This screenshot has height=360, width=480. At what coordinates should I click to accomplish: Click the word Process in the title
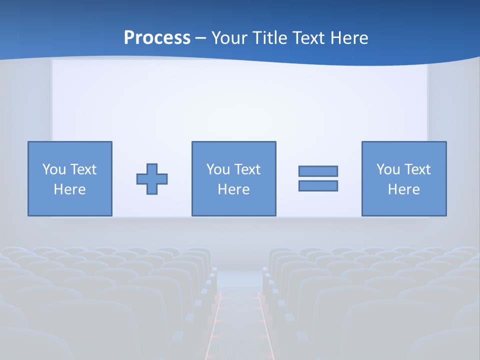157,38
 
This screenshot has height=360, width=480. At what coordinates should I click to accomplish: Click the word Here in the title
350,38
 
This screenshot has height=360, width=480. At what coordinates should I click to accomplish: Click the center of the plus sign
152,179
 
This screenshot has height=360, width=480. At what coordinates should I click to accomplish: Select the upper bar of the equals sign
318,171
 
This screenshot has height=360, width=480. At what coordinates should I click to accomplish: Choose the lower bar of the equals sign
318,185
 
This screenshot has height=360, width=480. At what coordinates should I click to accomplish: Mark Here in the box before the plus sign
69,189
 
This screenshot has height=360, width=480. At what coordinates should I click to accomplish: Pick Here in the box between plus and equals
233,189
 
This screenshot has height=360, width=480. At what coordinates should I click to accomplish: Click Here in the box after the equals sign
403,189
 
